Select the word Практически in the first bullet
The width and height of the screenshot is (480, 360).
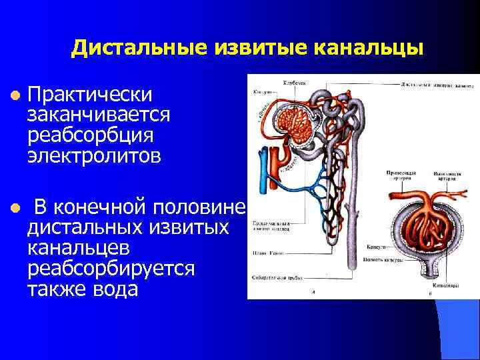click(x=91, y=95)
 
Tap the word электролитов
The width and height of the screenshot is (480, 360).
click(x=93, y=156)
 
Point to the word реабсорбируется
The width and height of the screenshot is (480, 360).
click(x=111, y=269)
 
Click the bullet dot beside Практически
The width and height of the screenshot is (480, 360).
click(x=13, y=96)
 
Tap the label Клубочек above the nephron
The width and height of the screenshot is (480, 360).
click(x=294, y=83)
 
